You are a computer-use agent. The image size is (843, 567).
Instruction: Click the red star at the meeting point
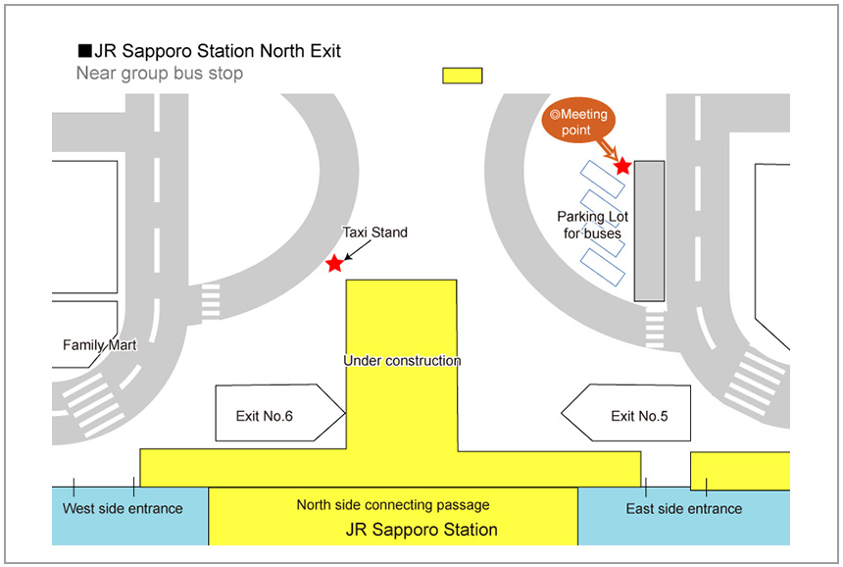coord(622,166)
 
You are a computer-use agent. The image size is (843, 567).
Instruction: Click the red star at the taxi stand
coord(335,263)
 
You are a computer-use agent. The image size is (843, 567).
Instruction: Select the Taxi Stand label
coord(374,232)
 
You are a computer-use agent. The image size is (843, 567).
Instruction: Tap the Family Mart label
coord(99,345)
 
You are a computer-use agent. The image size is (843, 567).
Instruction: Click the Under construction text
coord(402,361)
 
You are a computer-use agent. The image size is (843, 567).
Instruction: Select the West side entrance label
coord(123,508)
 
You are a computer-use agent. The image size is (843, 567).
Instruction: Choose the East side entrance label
coord(684,508)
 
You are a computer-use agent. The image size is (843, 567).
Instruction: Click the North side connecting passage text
coord(393,505)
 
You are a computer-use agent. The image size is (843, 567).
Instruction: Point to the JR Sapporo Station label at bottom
coord(421,530)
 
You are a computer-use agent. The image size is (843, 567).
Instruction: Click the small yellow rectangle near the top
coord(463,76)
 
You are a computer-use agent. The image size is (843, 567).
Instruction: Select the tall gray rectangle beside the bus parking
coord(649,231)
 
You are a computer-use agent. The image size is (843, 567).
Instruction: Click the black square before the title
coord(84,51)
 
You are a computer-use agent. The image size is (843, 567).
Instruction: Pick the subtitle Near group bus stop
coord(160,74)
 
